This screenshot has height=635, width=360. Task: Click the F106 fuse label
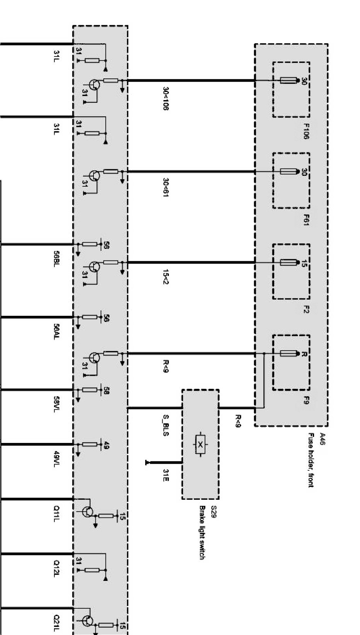(x=306, y=131)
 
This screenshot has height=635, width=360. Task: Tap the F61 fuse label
(x=306, y=220)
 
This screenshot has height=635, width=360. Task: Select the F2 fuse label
(x=306, y=309)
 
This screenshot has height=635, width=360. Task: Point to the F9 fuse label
(x=306, y=400)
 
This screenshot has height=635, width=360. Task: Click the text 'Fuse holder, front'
(x=311, y=460)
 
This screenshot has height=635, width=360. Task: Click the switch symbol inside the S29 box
(x=200, y=445)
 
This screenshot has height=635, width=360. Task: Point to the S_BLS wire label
(x=165, y=426)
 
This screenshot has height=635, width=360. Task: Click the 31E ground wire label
(x=165, y=475)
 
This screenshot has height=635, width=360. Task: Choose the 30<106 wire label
(x=165, y=99)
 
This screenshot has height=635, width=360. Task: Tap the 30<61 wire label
(x=165, y=187)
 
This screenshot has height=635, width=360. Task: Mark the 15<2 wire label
(x=165, y=277)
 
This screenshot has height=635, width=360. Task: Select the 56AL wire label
(x=56, y=332)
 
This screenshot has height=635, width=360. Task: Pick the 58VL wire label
(x=56, y=404)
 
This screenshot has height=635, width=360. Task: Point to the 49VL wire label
(x=56, y=459)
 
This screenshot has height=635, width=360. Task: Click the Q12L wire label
(x=56, y=568)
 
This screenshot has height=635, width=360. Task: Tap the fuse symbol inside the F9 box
(x=288, y=353)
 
